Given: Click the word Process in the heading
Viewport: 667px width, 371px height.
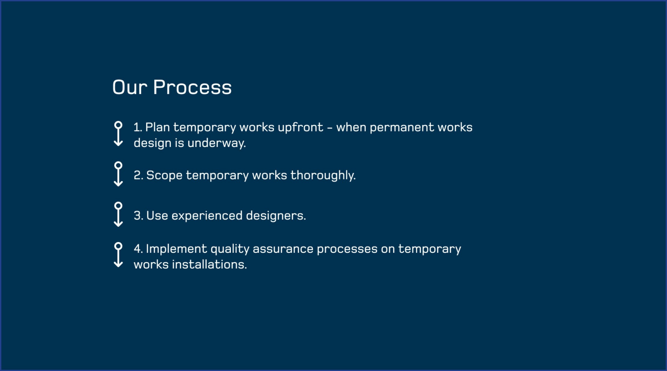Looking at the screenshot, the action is click(x=192, y=87).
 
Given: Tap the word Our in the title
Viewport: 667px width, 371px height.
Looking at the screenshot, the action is click(x=130, y=87).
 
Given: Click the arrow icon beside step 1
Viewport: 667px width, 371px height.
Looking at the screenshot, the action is click(x=118, y=134).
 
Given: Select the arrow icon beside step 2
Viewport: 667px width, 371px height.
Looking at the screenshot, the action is click(x=118, y=174).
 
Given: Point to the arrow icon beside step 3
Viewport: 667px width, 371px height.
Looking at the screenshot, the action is click(x=118, y=214).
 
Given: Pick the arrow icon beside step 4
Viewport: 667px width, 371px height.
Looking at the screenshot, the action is click(x=118, y=255).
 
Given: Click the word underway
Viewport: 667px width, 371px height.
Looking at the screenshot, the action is click(x=217, y=143).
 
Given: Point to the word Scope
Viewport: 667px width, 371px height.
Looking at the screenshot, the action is click(x=164, y=176).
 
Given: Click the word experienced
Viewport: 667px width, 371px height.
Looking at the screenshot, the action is click(x=207, y=216).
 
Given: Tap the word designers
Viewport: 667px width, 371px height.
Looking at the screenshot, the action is click(x=276, y=216).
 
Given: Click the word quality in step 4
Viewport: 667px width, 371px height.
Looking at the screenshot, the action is click(x=230, y=249).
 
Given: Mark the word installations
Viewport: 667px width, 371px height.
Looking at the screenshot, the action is click(x=210, y=265).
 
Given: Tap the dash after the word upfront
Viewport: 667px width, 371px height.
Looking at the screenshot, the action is click(x=330, y=128).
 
